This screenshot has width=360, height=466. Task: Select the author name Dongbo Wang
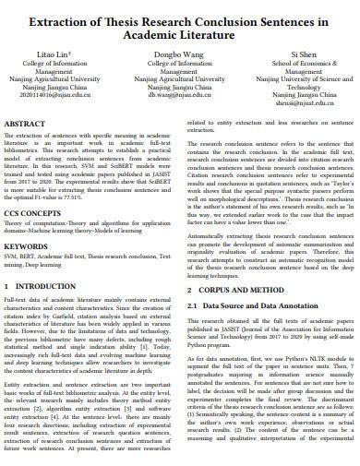tap(179, 54)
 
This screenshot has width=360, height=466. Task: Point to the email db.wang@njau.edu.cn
tap(179, 94)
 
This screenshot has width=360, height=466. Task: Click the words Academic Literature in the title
tap(180, 33)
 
